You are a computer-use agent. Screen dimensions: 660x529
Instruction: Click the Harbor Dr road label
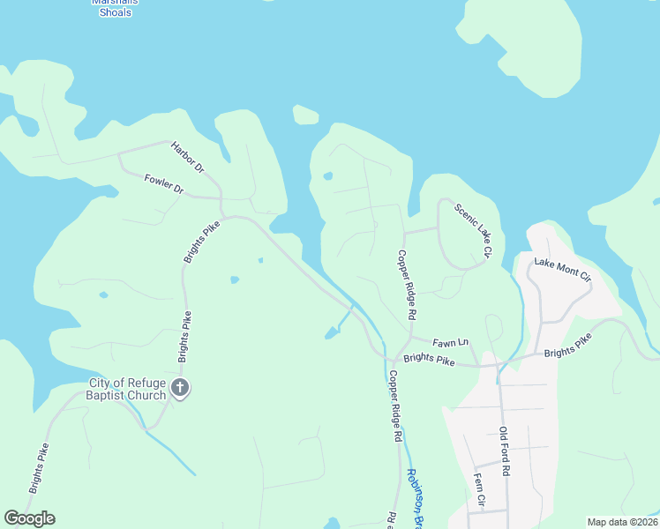pos(187,157)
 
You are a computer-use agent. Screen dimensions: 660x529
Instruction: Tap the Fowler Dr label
pos(163,184)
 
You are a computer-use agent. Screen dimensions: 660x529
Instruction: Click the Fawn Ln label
pos(450,342)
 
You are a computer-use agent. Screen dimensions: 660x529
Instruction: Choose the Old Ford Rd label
pos(504,451)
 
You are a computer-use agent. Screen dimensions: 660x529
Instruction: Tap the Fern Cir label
pos(479,489)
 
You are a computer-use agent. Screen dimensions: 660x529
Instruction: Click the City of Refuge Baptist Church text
pos(127,389)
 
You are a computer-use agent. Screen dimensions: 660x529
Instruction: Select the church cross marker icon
pos(180,388)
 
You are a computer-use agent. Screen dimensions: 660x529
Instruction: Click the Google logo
pos(29,518)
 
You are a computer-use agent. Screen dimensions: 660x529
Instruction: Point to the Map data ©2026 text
pos(622,522)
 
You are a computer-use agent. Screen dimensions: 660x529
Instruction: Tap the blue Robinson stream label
pos(415,498)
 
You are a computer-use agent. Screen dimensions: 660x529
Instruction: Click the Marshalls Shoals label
pos(116,7)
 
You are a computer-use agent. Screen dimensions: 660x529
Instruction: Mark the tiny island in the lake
pos(305,115)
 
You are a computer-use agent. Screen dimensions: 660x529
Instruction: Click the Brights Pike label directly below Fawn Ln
pos(428,359)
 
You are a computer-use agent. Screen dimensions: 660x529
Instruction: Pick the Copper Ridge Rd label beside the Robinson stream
pos(395,406)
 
